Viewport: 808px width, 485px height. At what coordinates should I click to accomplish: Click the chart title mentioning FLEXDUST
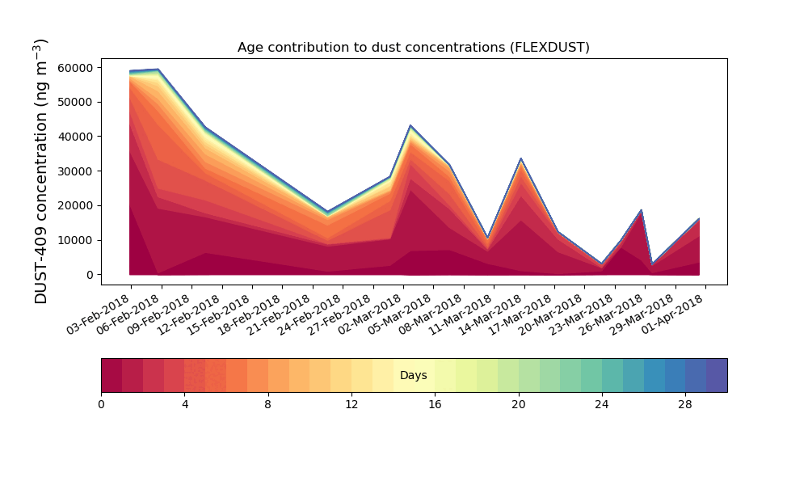(x=413, y=48)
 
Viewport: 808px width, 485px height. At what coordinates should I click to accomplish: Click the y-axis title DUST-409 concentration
(x=40, y=171)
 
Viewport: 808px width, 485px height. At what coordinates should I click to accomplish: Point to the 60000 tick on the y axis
(x=75, y=68)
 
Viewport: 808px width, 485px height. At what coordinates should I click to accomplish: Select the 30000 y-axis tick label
(x=75, y=171)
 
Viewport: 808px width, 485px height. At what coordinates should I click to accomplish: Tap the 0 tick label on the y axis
(x=90, y=275)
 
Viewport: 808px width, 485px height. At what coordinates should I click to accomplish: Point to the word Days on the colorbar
(x=413, y=375)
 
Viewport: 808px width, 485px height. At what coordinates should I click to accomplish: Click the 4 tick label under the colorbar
(x=185, y=405)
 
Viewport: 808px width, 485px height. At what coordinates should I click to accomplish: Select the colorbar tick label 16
(x=435, y=405)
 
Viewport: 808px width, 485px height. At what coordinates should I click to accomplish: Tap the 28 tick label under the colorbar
(x=685, y=405)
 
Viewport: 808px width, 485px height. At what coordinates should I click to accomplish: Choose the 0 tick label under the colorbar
(x=101, y=405)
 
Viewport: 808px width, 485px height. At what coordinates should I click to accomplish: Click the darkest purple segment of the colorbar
(x=717, y=375)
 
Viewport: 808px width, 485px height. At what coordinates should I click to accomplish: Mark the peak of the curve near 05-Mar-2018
(x=410, y=125)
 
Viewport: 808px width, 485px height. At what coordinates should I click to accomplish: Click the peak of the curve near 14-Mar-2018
(x=521, y=158)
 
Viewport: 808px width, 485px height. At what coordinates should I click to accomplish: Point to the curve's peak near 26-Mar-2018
(x=641, y=210)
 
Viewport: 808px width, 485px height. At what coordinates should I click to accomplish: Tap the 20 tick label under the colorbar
(x=519, y=405)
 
